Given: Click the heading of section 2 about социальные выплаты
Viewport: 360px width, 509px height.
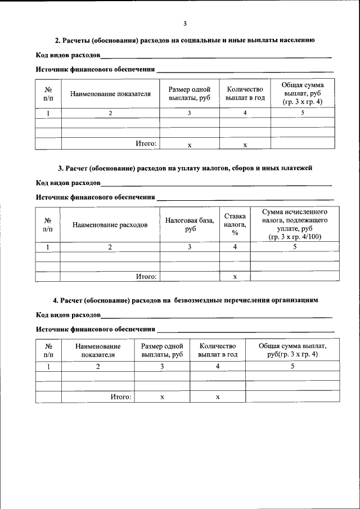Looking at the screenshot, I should [184, 40].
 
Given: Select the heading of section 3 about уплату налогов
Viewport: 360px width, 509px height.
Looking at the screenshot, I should [184, 168].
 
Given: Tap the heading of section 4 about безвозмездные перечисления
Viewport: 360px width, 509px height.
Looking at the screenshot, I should [185, 300].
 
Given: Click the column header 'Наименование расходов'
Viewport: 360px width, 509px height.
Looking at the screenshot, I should [110, 225].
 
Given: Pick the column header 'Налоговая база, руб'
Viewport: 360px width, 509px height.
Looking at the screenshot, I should [190, 225].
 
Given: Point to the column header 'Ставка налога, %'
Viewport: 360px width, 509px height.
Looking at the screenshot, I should [235, 225].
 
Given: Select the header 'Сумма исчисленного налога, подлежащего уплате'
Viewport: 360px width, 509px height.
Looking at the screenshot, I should [295, 224].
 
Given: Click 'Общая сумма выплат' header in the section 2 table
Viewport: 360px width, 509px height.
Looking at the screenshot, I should [303, 93].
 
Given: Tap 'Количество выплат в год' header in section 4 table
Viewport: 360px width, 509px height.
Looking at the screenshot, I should [218, 350].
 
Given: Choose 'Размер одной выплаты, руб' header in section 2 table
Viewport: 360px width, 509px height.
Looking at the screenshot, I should [190, 93].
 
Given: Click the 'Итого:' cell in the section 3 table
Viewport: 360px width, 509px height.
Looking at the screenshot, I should [146, 276].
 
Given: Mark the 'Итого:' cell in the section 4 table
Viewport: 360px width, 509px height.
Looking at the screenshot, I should [120, 397].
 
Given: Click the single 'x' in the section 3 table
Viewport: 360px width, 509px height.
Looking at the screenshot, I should [235, 276].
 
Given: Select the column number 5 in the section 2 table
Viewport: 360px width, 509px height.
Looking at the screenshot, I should [303, 113].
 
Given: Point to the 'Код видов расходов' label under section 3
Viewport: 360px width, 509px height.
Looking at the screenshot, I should [68, 183].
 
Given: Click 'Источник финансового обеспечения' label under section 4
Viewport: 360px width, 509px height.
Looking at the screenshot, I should [96, 328].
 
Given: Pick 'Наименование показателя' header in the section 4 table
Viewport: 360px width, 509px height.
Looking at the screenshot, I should [98, 350].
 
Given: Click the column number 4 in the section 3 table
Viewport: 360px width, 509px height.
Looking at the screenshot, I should [235, 246].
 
